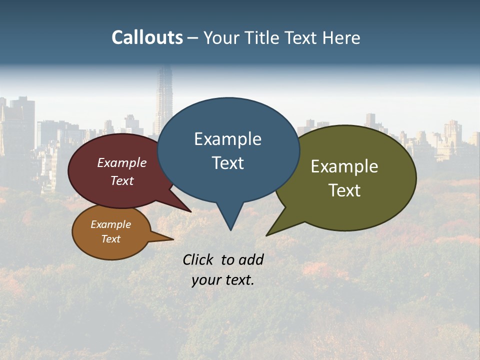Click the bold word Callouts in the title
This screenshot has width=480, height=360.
pyautogui.click(x=147, y=37)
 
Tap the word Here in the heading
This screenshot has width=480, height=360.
pyautogui.click(x=341, y=38)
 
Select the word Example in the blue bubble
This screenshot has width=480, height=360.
pyautogui.click(x=227, y=139)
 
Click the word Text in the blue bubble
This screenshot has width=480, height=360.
pyautogui.click(x=227, y=163)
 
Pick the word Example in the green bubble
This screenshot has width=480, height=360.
pyautogui.click(x=344, y=166)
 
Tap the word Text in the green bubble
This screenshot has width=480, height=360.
pyautogui.click(x=344, y=190)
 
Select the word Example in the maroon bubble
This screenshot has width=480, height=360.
pyautogui.click(x=122, y=162)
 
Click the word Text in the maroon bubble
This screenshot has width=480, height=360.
pyautogui.click(x=122, y=180)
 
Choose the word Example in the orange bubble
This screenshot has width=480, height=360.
pyautogui.click(x=110, y=224)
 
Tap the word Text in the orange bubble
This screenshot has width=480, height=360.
pyautogui.click(x=110, y=239)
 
